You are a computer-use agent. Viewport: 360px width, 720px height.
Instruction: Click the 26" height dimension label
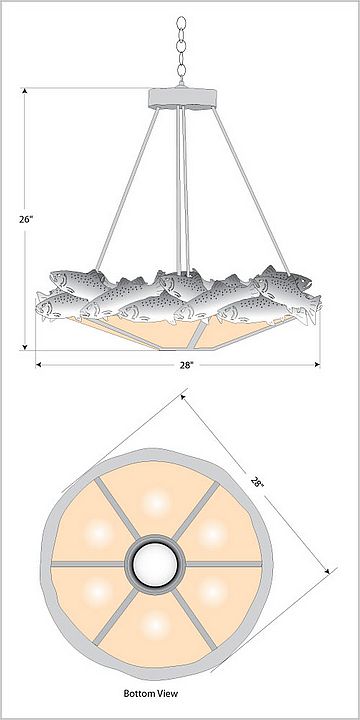pyautogui.click(x=26, y=219)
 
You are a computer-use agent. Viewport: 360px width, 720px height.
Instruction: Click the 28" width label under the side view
pyautogui.click(x=186, y=365)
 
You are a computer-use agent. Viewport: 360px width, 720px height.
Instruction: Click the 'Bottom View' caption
pyautogui.click(x=150, y=693)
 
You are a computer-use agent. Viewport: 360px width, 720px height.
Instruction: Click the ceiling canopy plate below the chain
pyautogui.click(x=182, y=98)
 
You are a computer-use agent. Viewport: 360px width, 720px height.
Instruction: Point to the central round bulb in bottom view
pyautogui.click(x=155, y=563)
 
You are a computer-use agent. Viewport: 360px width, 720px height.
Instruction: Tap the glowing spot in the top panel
pyautogui.click(x=156, y=503)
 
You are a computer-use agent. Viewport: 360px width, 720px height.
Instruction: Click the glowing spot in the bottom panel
pyautogui.click(x=156, y=625)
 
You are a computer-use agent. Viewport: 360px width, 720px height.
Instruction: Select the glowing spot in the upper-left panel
pyautogui.click(x=99, y=534)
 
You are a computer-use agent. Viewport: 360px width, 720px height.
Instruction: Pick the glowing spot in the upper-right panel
pyautogui.click(x=212, y=534)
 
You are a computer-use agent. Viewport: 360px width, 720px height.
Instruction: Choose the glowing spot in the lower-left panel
pyautogui.click(x=98, y=593)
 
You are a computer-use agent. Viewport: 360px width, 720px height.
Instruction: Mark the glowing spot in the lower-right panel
pyautogui.click(x=213, y=593)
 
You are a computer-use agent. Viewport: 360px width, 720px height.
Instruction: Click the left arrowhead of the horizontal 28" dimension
pyautogui.click(x=39, y=365)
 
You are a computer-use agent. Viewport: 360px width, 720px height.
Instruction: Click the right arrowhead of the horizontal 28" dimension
pyautogui.click(x=316, y=365)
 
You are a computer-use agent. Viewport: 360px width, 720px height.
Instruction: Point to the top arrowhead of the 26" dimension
pyautogui.click(x=25, y=90)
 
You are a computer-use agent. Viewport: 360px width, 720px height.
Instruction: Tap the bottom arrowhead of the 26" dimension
pyautogui.click(x=25, y=347)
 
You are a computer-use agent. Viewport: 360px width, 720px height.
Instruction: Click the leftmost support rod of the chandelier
pyautogui.click(x=127, y=190)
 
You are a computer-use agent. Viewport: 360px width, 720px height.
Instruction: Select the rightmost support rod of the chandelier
pyautogui.click(x=251, y=190)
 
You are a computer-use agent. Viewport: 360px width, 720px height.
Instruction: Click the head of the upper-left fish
pyautogui.click(x=58, y=279)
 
